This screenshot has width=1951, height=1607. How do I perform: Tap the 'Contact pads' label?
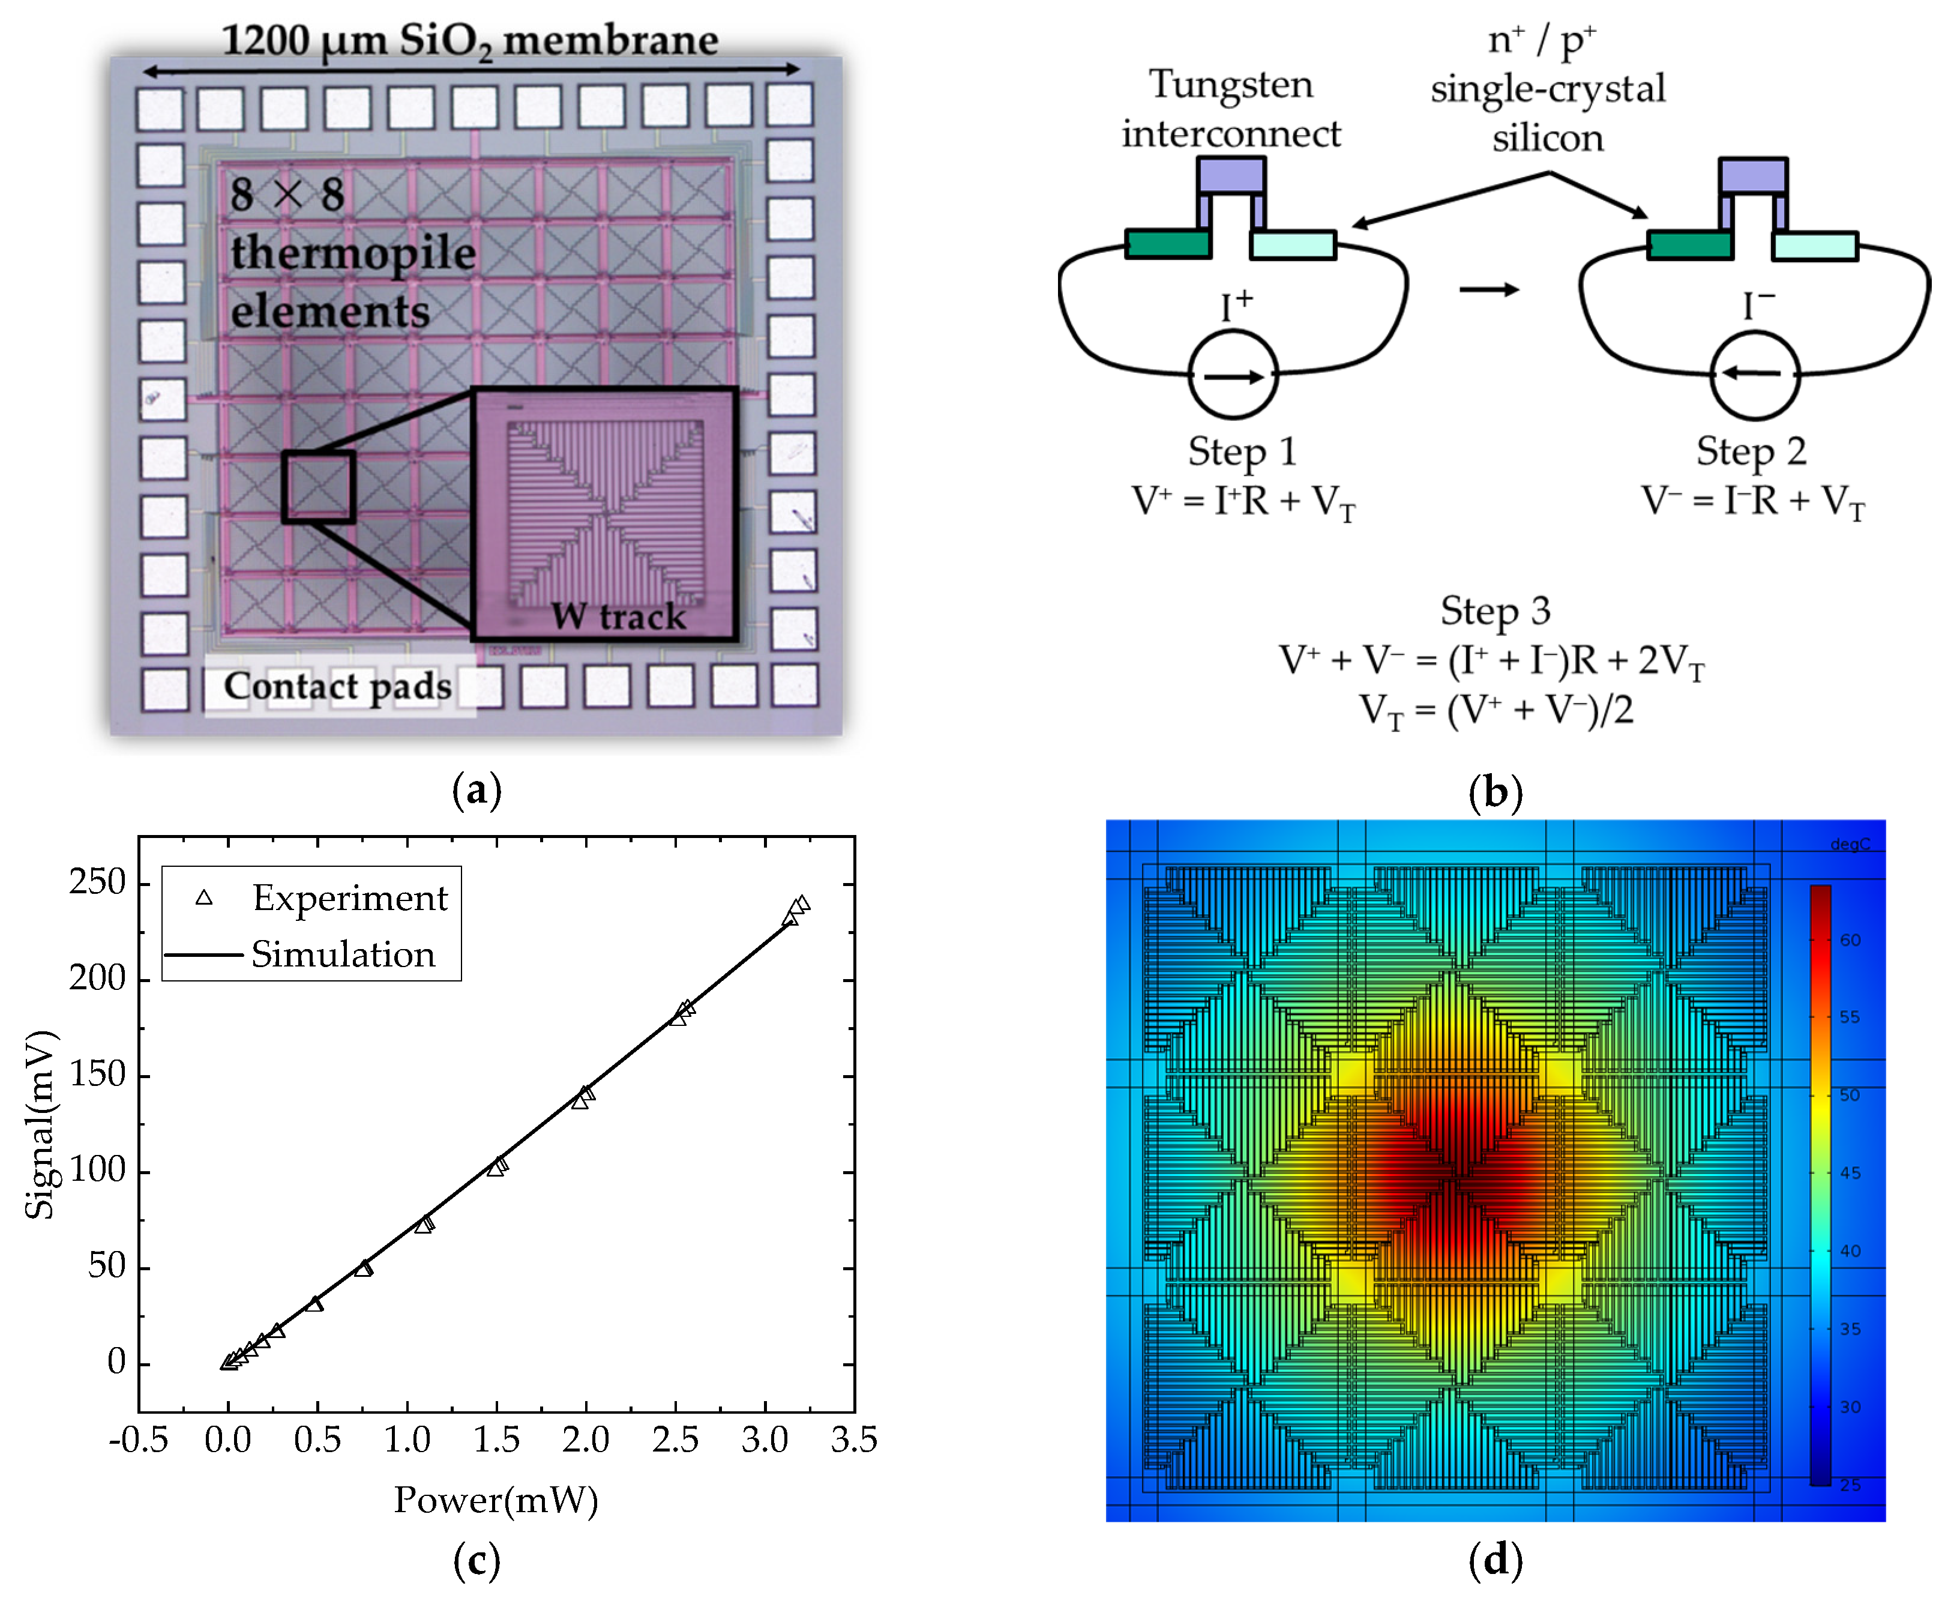(x=338, y=687)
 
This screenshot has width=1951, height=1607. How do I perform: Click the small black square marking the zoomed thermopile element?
(x=319, y=487)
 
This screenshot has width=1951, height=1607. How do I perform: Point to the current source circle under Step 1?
(x=1232, y=376)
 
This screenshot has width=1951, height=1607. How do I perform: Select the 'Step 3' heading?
(x=1495, y=611)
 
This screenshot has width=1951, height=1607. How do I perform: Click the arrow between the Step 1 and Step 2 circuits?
(x=1488, y=290)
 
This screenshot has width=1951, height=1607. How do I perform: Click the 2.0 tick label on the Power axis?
(x=586, y=1440)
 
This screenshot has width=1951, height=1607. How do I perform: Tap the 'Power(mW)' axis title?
(x=496, y=1500)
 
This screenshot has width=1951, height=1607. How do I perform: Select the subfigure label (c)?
(x=476, y=1561)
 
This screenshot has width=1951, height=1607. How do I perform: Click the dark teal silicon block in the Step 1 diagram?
(x=1168, y=244)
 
